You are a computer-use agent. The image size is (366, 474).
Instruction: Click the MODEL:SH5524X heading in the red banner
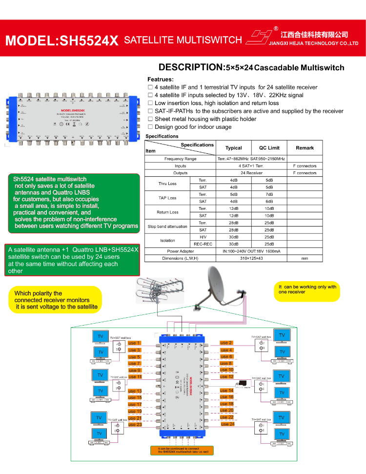[x=62, y=40]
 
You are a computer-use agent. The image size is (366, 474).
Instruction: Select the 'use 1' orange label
[x=134, y=343]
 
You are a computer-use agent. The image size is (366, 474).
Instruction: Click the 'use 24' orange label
[x=227, y=424]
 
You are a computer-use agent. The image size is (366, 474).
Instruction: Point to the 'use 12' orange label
[x=227, y=377]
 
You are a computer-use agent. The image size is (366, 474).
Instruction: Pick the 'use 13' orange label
[x=135, y=391]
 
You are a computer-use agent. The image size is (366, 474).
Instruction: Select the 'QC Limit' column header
[x=269, y=148]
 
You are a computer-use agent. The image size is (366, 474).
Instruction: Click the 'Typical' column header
[x=233, y=148]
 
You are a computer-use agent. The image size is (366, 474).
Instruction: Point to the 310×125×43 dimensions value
[x=251, y=258]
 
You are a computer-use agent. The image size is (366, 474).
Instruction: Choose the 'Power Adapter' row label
[x=180, y=251]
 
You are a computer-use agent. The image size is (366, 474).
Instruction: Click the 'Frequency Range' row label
[x=180, y=159]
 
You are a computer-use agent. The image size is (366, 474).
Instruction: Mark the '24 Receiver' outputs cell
[x=251, y=173]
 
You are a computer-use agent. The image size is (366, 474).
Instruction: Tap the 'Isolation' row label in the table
[x=167, y=240]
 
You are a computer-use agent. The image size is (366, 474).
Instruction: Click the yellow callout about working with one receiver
[x=308, y=289]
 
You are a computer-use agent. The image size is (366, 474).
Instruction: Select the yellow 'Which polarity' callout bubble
[x=56, y=300]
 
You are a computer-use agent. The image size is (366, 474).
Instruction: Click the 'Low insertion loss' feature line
[x=217, y=103]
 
